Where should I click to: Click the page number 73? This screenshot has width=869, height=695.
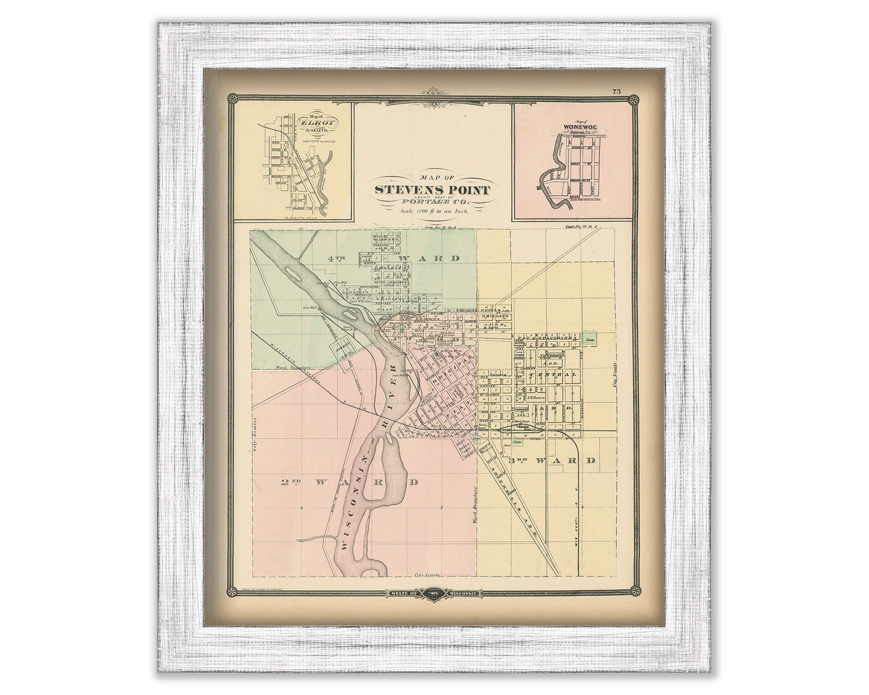pyautogui.click(x=616, y=92)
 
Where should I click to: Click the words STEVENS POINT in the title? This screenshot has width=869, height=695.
pyautogui.click(x=432, y=190)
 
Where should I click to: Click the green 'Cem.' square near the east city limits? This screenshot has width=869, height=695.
pyautogui.click(x=590, y=340)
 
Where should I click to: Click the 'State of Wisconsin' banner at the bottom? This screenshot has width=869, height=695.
pyautogui.click(x=432, y=593)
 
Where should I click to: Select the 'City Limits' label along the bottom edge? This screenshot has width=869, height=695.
pyautogui.click(x=427, y=575)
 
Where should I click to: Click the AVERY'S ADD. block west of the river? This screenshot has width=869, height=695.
pyautogui.click(x=342, y=349)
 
